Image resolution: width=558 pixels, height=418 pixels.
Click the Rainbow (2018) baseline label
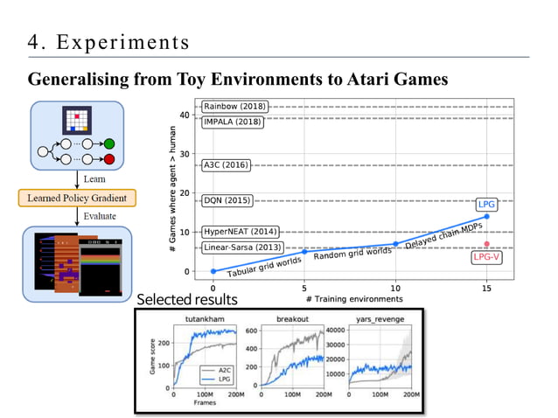[x=234, y=107]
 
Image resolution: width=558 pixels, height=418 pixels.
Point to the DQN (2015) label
[x=227, y=200]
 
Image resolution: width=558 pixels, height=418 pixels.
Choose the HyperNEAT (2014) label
[x=240, y=233]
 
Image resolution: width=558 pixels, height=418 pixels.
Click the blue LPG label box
[x=487, y=204]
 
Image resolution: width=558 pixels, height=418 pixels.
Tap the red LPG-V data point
[x=486, y=244]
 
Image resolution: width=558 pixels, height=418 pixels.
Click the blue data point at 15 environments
[x=486, y=216]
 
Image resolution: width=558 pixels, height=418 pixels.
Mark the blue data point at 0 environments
[x=213, y=271]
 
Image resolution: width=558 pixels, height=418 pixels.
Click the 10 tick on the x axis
[x=395, y=287]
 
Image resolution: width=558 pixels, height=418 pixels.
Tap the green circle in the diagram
[x=109, y=143]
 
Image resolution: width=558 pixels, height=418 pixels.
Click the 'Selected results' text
[x=185, y=299]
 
